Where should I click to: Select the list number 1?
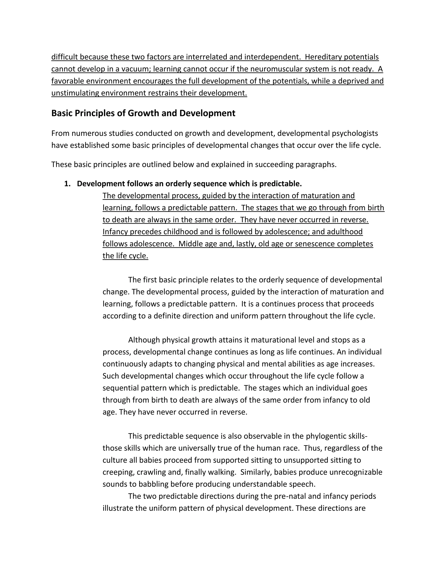click(x=67, y=184)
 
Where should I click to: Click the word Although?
click(x=144, y=340)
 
